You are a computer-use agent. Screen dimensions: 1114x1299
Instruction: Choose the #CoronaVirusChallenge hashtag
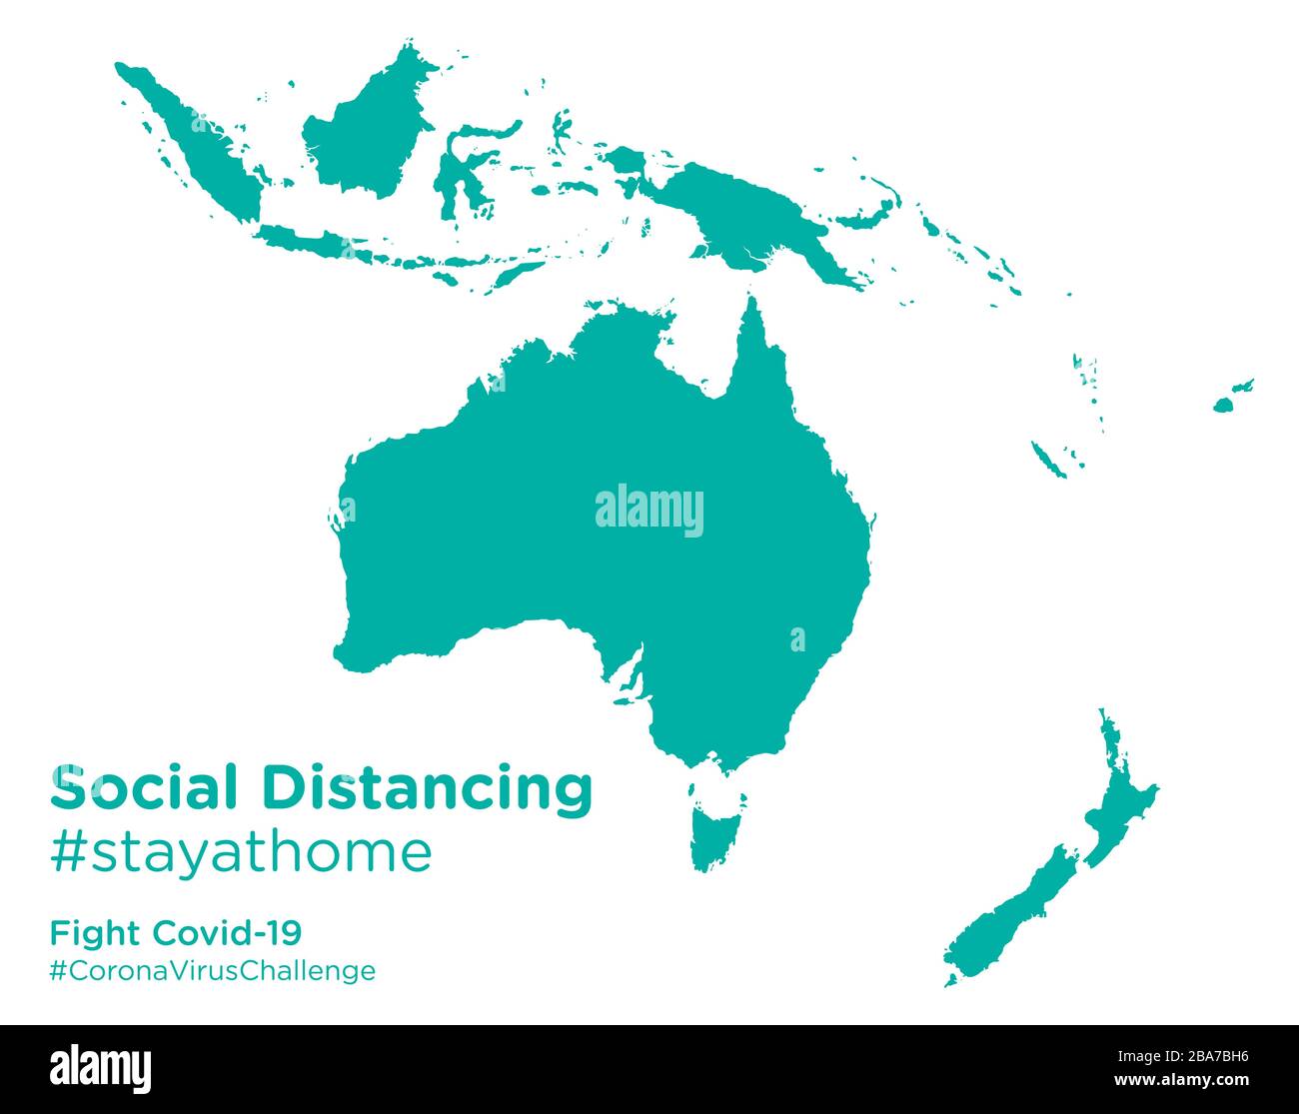tap(213, 970)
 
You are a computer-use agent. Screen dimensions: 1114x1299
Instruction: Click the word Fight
tap(95, 933)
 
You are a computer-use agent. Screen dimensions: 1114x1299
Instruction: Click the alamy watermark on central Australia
tap(649, 511)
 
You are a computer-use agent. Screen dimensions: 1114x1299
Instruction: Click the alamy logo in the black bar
tap(101, 1068)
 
